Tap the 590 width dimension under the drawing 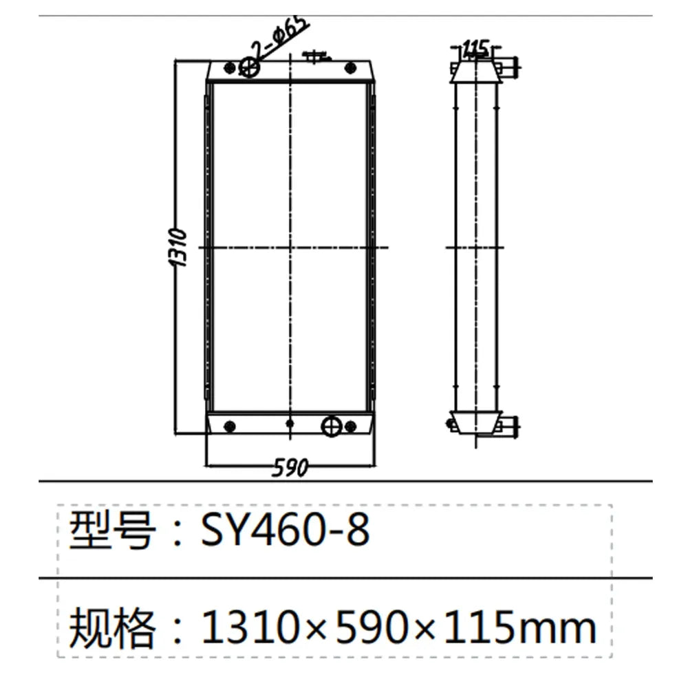pyautogui.click(x=290, y=469)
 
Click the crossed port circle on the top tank pyautogui.click(x=249, y=67)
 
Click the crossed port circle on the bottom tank pyautogui.click(x=332, y=425)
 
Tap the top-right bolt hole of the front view pyautogui.click(x=351, y=67)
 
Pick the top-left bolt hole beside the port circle pyautogui.click(x=228, y=67)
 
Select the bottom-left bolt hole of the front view pyautogui.click(x=230, y=425)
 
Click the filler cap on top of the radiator pyautogui.click(x=316, y=54)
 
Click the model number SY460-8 pyautogui.click(x=286, y=530)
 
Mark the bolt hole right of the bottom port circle pyautogui.click(x=353, y=425)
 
